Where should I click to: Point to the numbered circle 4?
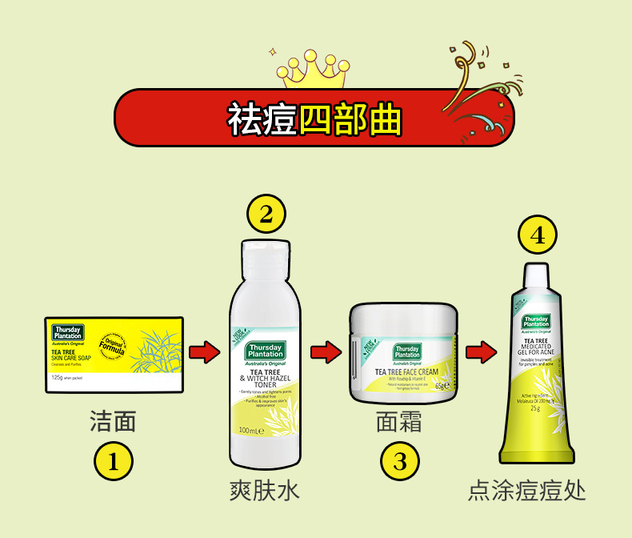(x=537, y=235)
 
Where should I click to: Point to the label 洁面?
(x=113, y=421)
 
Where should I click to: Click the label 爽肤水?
(x=265, y=489)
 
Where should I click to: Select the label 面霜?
(x=399, y=421)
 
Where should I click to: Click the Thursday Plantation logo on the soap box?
(x=67, y=331)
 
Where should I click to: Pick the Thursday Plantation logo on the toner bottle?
(x=265, y=351)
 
